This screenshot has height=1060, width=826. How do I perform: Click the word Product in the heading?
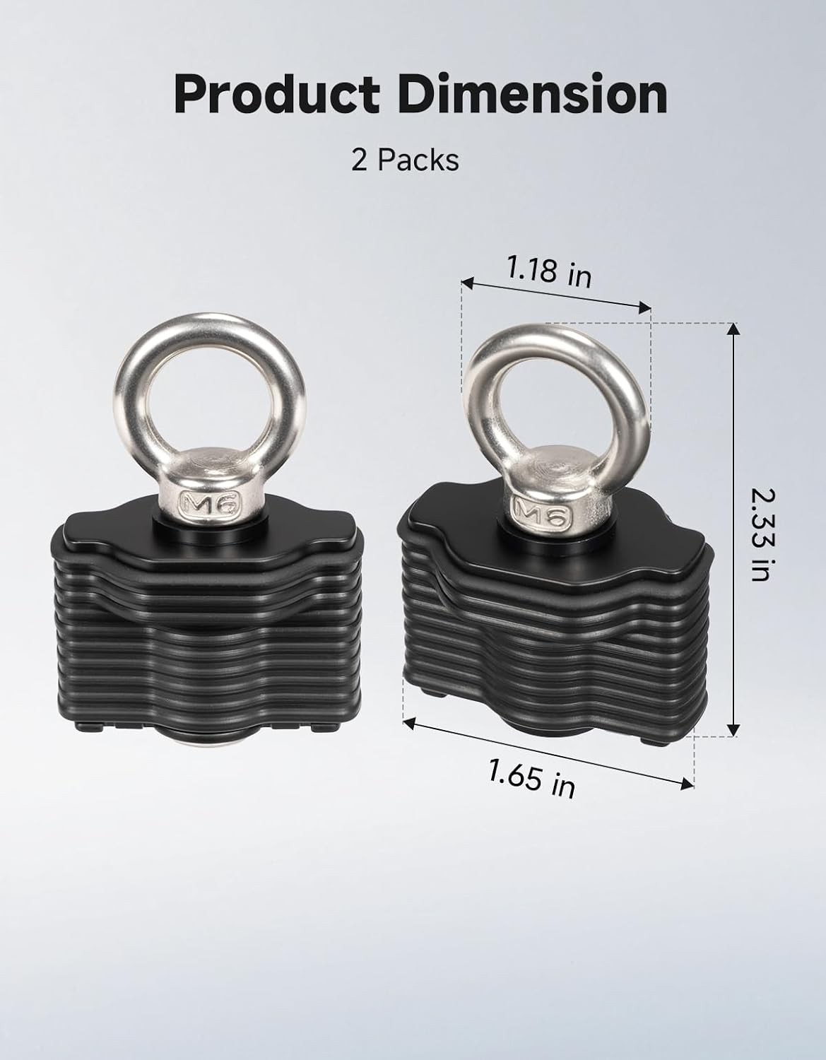pos(277,95)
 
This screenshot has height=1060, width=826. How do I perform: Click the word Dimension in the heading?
pos(533,93)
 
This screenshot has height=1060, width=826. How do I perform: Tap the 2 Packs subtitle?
pos(405,160)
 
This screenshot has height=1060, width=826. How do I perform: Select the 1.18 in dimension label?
pos(549,271)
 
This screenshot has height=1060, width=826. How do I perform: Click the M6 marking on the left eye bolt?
pos(210,504)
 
